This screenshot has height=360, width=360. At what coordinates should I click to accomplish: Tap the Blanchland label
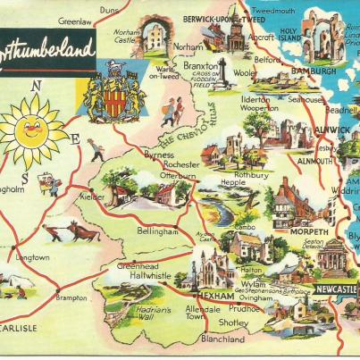pyautogui.click(x=222, y=339)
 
